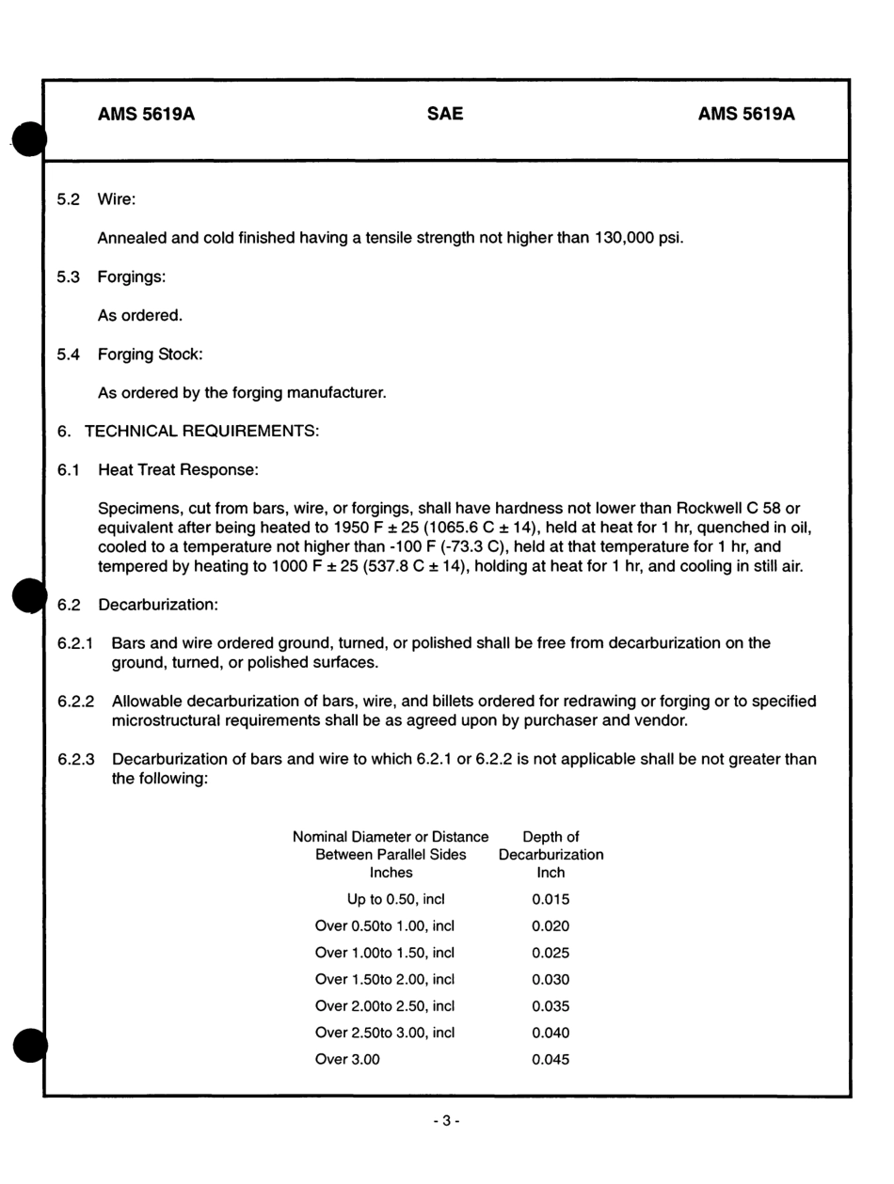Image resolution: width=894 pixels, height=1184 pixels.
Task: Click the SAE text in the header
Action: pos(445,115)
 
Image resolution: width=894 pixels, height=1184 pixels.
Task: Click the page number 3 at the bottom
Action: pos(446,1120)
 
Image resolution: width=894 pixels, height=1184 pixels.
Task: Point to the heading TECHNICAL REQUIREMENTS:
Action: pos(201,431)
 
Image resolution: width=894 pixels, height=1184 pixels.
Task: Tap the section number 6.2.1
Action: pos(76,643)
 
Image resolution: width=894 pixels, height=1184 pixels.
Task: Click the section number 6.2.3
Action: pos(76,759)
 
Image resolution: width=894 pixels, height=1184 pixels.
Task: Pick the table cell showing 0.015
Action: pos(551,899)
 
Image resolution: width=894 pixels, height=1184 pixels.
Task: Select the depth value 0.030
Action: pos(551,979)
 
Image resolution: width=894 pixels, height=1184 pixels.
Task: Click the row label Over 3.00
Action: pos(347,1059)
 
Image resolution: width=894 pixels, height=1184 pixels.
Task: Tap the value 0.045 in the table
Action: pos(551,1059)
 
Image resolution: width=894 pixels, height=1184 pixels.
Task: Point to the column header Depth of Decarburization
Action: pos(551,854)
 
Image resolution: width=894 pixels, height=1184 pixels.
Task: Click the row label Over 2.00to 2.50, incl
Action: pos(384,1005)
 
